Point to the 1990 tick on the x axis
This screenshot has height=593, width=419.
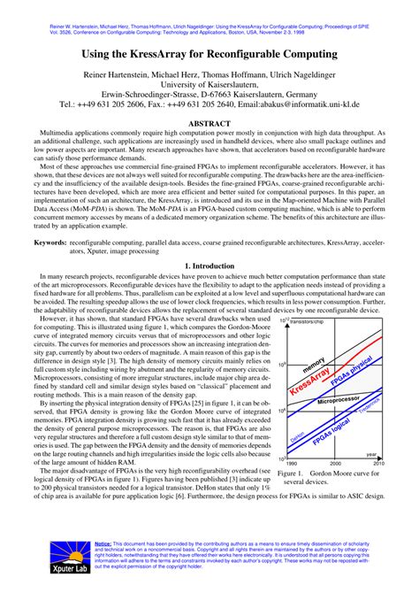click(x=292, y=462)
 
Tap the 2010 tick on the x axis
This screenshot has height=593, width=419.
click(x=378, y=462)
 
